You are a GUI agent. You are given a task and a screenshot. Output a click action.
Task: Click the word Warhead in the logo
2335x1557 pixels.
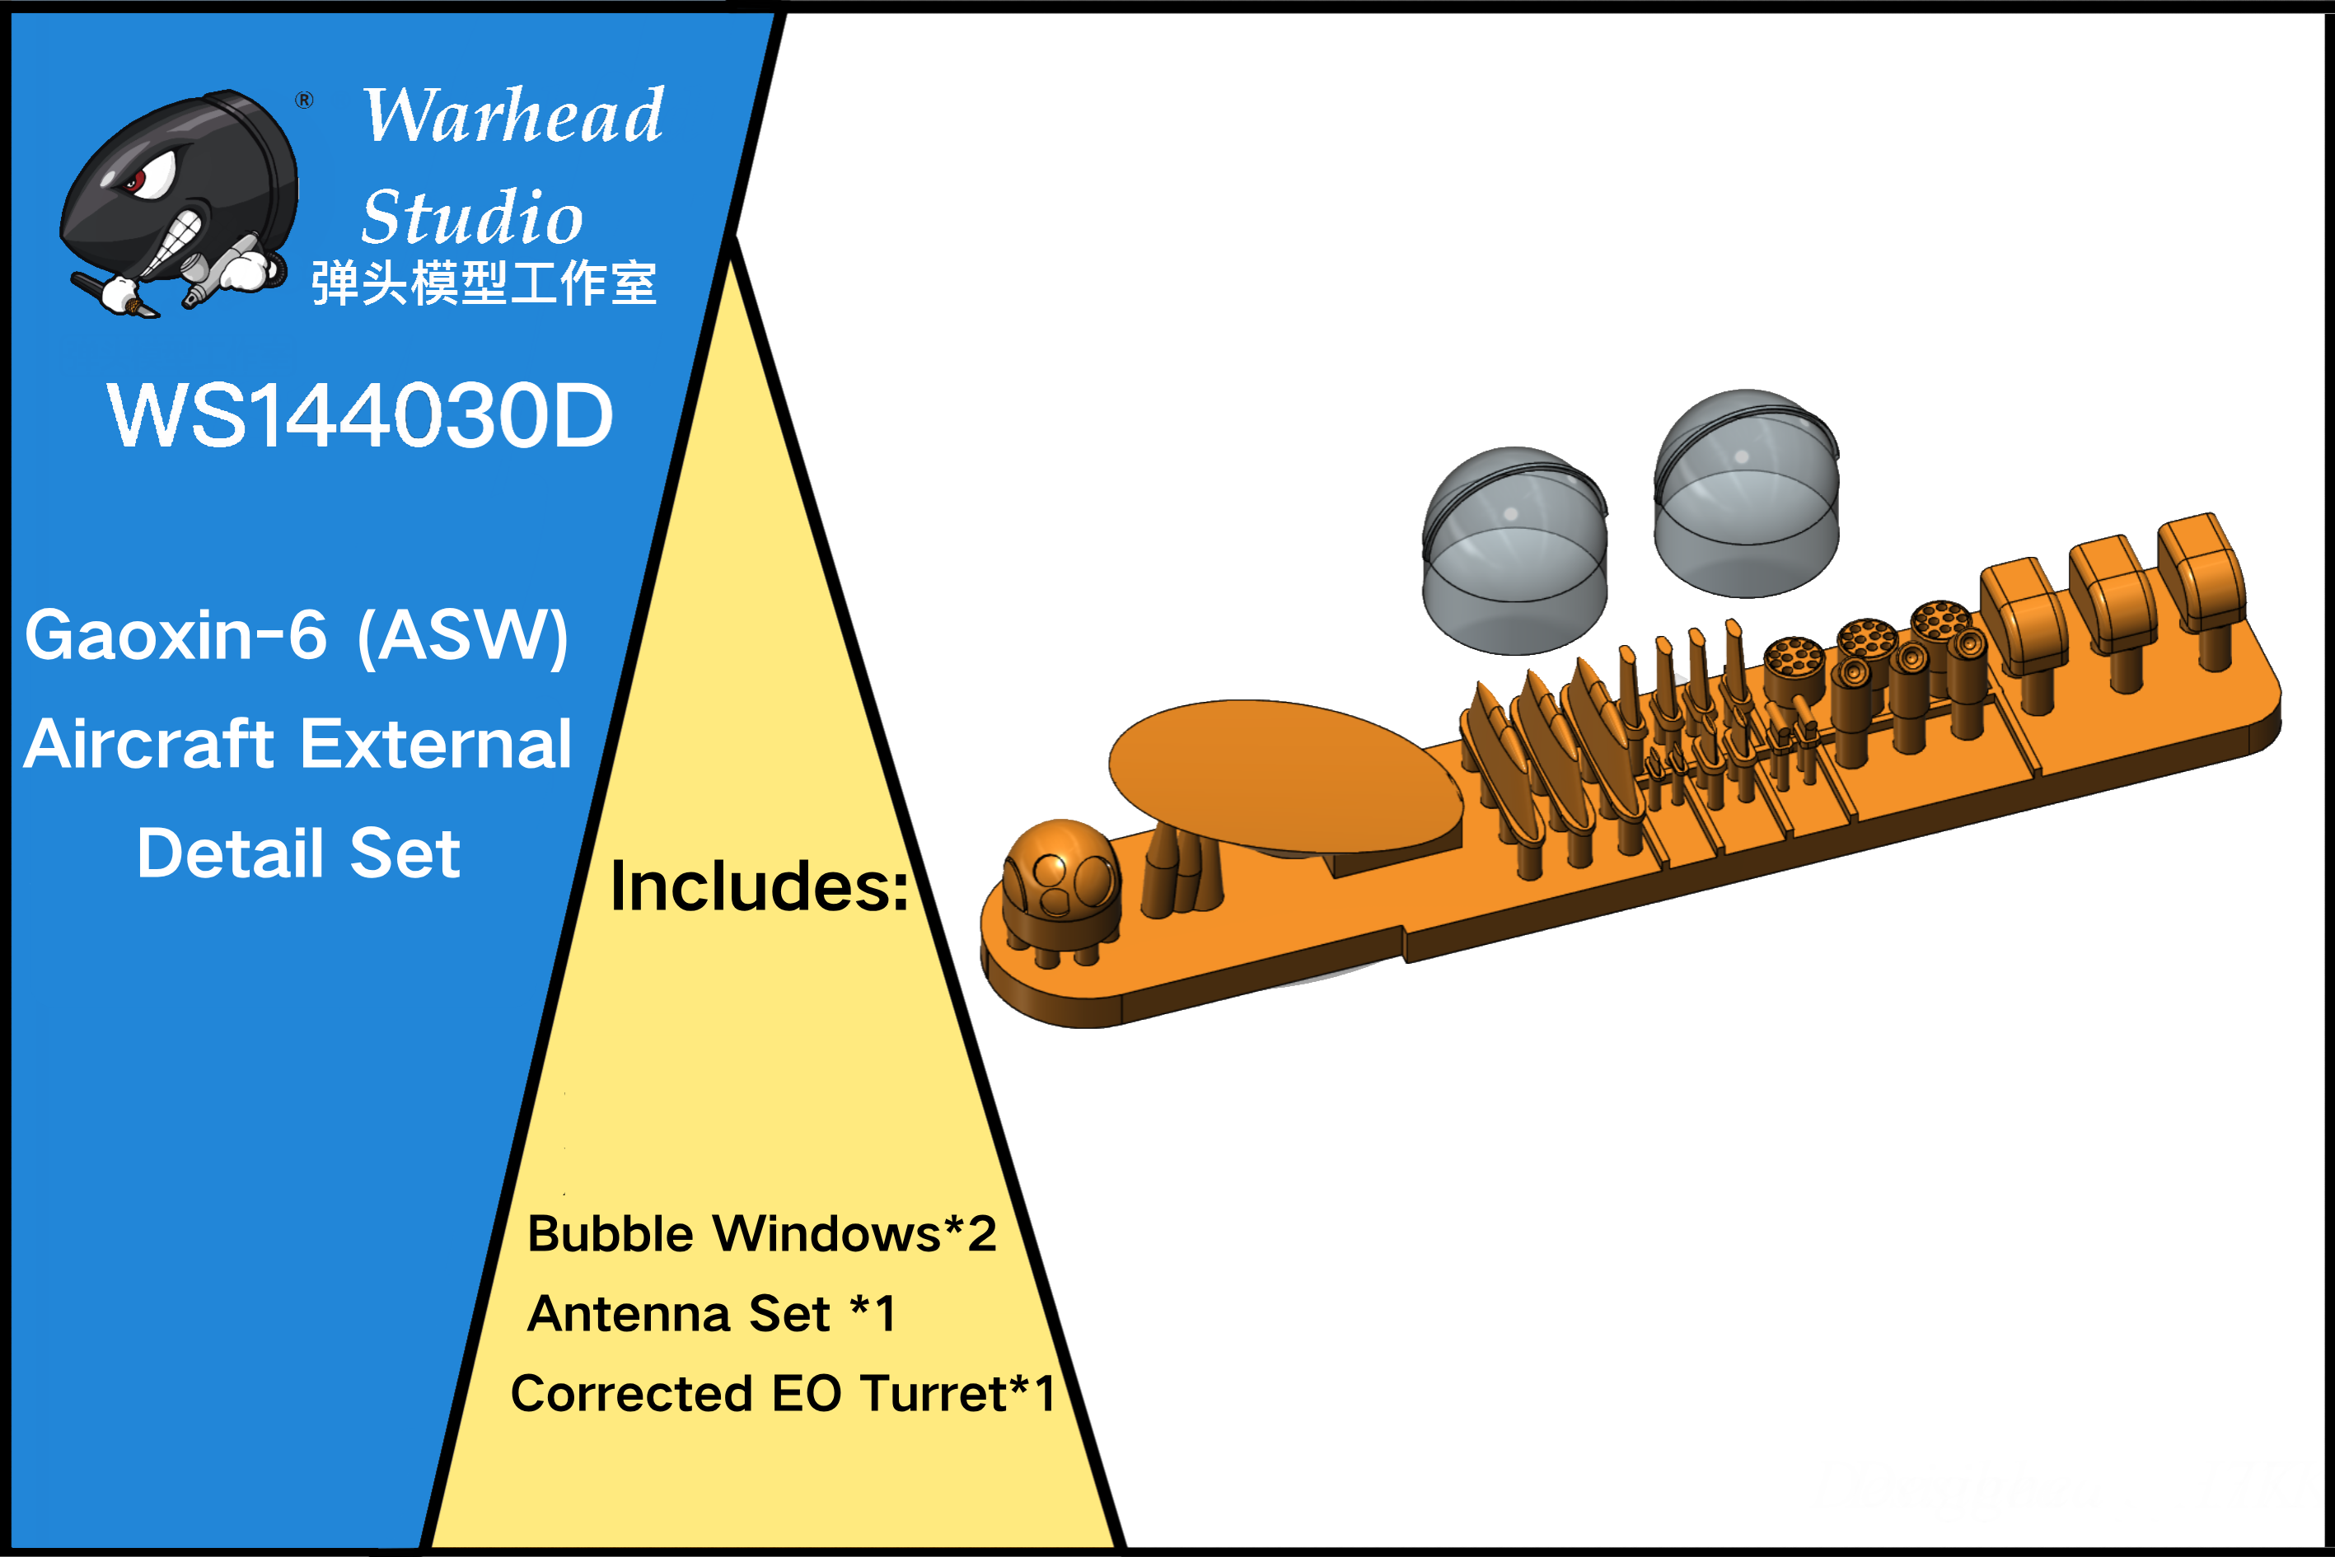(x=512, y=115)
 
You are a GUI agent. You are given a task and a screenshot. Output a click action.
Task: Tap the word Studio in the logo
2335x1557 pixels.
(x=472, y=217)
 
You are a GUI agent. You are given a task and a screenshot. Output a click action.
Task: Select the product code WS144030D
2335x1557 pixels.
(x=359, y=415)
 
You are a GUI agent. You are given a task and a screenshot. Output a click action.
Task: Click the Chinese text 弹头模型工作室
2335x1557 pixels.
(x=484, y=284)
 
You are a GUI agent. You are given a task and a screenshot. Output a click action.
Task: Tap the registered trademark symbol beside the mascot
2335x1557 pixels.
(x=305, y=100)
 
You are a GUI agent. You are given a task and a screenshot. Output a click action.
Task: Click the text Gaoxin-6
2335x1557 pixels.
(x=175, y=635)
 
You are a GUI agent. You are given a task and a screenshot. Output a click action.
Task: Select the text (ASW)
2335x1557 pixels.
(x=463, y=638)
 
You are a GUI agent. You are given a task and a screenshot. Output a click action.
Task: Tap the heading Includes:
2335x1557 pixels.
(x=759, y=886)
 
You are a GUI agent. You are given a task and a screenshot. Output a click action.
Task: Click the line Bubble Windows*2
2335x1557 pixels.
(x=762, y=1234)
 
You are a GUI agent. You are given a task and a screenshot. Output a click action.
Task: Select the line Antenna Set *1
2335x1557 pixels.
(x=711, y=1314)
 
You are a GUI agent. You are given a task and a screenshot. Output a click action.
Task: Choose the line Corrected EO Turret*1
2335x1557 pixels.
(x=783, y=1393)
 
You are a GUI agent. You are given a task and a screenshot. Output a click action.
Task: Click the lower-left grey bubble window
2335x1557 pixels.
(x=1514, y=551)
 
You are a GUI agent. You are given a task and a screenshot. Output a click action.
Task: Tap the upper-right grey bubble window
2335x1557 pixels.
(x=1746, y=493)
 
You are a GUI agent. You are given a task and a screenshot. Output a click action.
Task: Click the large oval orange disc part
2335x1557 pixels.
(x=1285, y=775)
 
